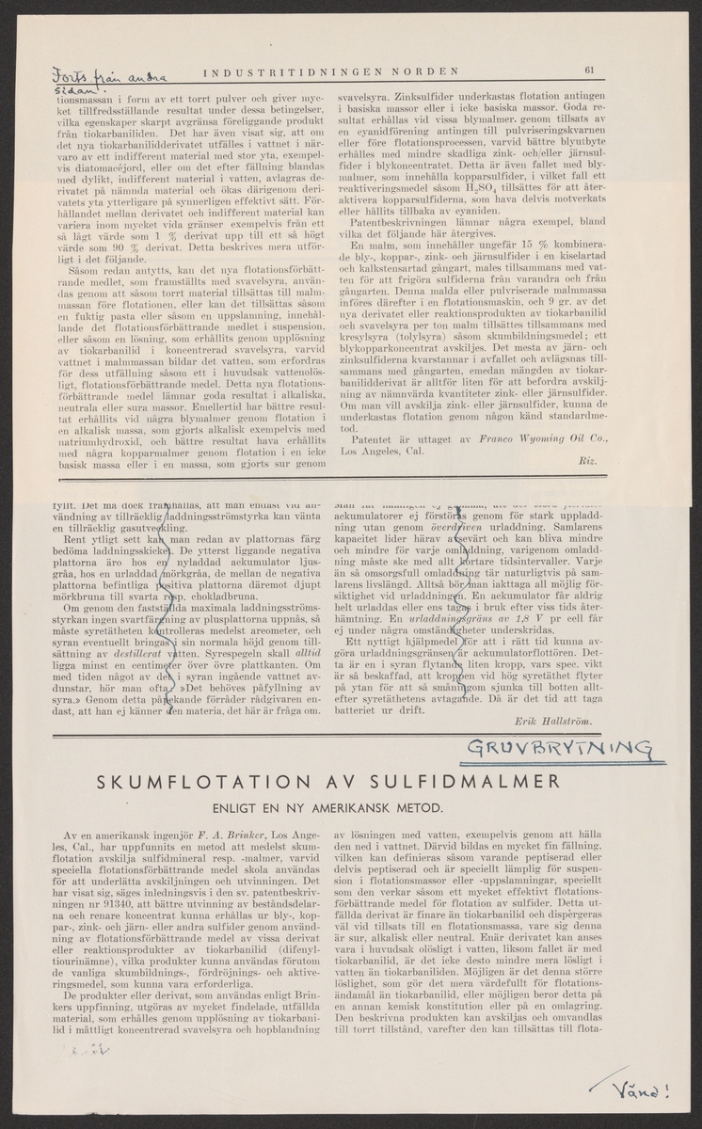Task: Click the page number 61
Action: click(588, 67)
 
